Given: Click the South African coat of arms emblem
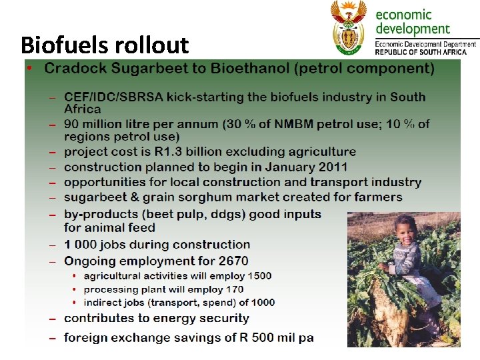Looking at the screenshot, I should pyautogui.click(x=349, y=27).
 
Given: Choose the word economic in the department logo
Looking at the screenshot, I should pyautogui.click(x=404, y=15).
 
